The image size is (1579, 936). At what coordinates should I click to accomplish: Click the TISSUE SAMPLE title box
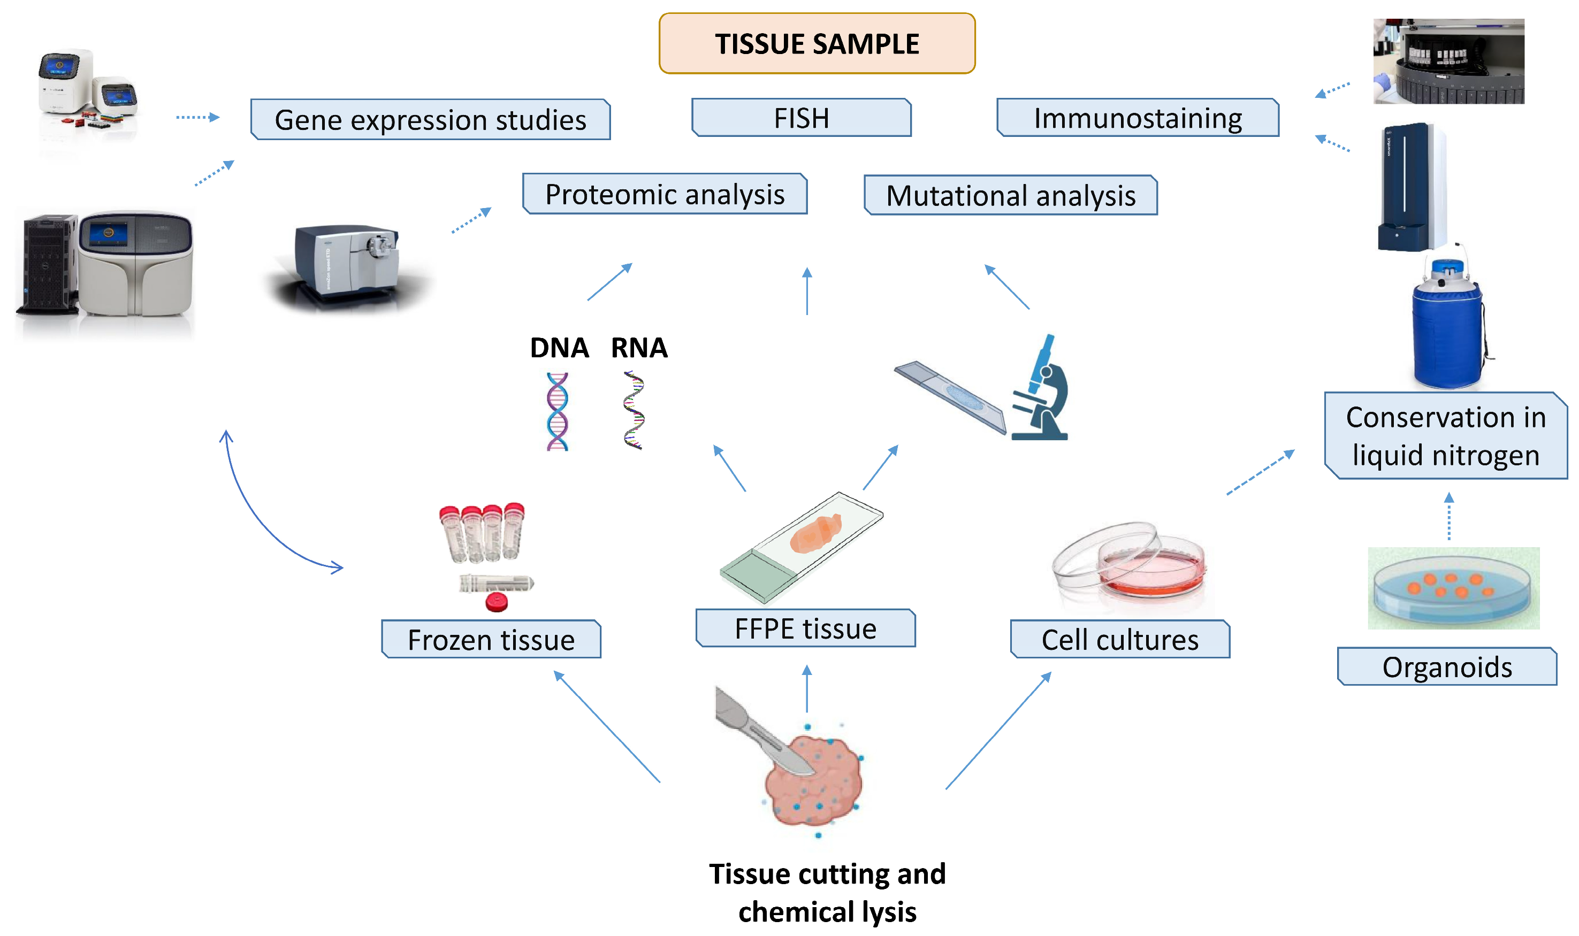click(x=817, y=43)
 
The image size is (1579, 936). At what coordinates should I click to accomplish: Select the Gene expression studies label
click(x=430, y=120)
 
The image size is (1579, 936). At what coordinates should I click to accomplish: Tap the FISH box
click(x=801, y=118)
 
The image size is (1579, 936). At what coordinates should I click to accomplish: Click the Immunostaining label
click(x=1138, y=118)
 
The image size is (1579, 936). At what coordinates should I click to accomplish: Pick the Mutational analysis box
click(x=1010, y=196)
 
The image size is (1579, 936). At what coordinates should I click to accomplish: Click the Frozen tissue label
click(x=491, y=640)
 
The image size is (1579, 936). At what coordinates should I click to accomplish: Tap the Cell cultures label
click(x=1119, y=640)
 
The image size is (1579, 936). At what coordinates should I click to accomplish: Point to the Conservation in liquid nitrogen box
click(x=1445, y=436)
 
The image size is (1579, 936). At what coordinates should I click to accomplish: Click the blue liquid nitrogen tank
click(x=1447, y=328)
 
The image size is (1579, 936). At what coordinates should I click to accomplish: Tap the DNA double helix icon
click(x=557, y=411)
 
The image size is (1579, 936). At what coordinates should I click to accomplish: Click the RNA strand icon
click(x=634, y=410)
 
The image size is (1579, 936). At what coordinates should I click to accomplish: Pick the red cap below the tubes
click(x=497, y=602)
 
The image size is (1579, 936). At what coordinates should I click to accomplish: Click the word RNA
click(x=638, y=348)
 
